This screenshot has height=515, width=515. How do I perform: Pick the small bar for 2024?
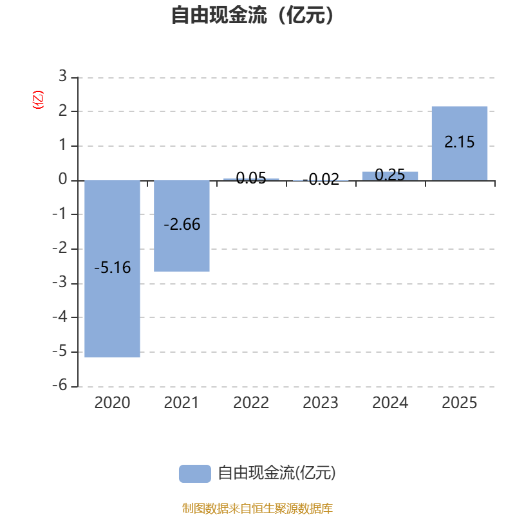pyautogui.click(x=390, y=176)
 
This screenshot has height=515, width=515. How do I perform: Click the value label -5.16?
pyautogui.click(x=113, y=268)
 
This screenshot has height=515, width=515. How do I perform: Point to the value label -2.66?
pyautogui.click(x=182, y=225)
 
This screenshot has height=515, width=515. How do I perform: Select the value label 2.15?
pyautogui.click(x=459, y=142)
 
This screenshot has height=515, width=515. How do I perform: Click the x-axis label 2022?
pyautogui.click(x=251, y=403)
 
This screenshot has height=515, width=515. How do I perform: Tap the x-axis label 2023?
pyautogui.click(x=321, y=403)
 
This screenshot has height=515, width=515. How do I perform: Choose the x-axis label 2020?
pyautogui.click(x=113, y=403)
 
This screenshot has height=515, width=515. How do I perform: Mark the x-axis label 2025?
pyautogui.click(x=459, y=403)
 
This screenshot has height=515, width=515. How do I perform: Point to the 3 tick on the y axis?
pyautogui.click(x=62, y=77)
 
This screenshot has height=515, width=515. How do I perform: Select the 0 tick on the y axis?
pyautogui.click(x=62, y=180)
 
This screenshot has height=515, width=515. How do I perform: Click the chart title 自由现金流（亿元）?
pyautogui.click(x=255, y=15)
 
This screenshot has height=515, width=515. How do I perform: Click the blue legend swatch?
pyautogui.click(x=194, y=473)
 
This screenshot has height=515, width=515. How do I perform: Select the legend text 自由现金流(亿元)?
pyautogui.click(x=277, y=473)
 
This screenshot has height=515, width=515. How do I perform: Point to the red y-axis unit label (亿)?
pyautogui.click(x=37, y=100)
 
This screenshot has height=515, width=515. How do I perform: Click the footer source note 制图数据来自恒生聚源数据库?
pyautogui.click(x=257, y=509)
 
